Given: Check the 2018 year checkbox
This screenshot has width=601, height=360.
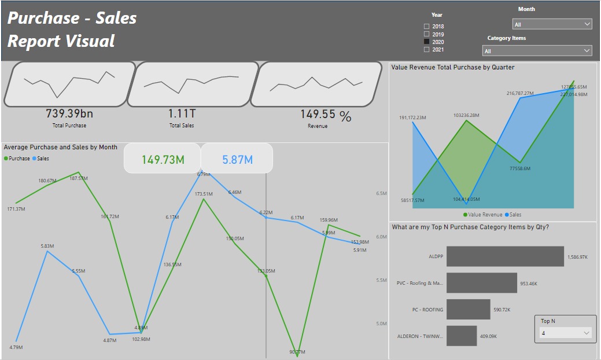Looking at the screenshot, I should pyautogui.click(x=427, y=27).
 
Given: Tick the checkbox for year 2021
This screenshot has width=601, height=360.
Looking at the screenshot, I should pyautogui.click(x=427, y=50).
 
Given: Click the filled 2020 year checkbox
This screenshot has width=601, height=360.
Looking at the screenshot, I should pyautogui.click(x=427, y=42).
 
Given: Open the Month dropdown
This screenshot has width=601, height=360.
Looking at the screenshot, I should pyautogui.click(x=552, y=24).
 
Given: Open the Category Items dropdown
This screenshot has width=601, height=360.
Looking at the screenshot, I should pyautogui.click(x=537, y=51).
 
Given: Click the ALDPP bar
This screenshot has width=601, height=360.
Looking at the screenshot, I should pyautogui.click(x=505, y=256).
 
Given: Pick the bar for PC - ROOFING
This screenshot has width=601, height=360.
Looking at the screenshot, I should pyautogui.click(x=468, y=310).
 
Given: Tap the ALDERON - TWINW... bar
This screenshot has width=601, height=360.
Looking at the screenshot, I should pyautogui.click(x=462, y=336).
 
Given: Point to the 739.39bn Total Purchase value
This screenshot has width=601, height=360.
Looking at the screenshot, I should pyautogui.click(x=69, y=113).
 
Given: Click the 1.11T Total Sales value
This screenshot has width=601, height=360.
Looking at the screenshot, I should pyautogui.click(x=182, y=113).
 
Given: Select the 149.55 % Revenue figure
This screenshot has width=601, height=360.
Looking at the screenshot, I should pyautogui.click(x=325, y=115).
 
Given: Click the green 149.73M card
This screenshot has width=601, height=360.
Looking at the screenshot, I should pyautogui.click(x=163, y=159).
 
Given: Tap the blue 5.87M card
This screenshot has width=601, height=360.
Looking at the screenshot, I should pyautogui.click(x=237, y=159).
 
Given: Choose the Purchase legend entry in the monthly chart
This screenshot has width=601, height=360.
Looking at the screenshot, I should pyautogui.click(x=17, y=158).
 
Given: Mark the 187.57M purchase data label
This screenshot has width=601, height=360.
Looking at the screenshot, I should pyautogui.click(x=78, y=178).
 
